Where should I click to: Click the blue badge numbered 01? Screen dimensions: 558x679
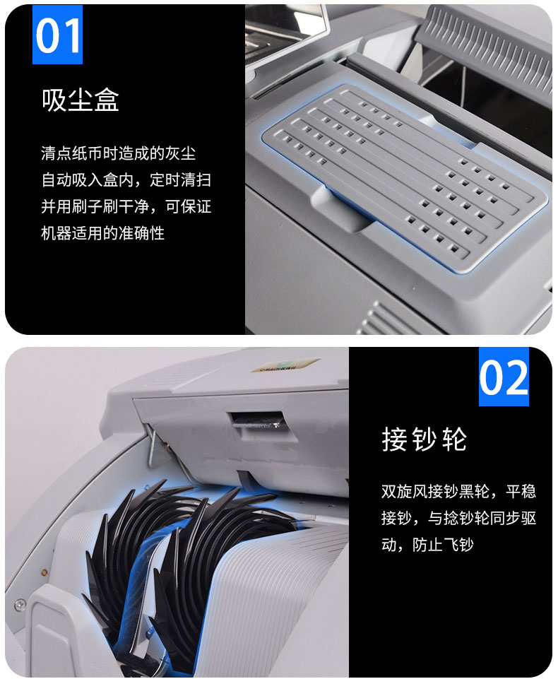pos(57,35)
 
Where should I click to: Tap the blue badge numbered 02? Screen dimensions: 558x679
pos(504,377)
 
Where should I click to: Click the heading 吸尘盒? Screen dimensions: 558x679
pos(81,100)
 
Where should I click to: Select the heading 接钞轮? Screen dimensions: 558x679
pos(425,439)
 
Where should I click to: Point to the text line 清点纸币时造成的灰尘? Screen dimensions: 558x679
pos(118,153)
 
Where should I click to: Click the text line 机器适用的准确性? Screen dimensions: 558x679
pos(102,233)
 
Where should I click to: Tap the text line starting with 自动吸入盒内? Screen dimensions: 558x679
pos(126,179)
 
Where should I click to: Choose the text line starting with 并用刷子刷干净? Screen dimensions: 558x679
pos(126,206)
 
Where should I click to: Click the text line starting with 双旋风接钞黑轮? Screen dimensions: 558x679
pos(458,491)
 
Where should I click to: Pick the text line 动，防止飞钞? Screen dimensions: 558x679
pos(427,544)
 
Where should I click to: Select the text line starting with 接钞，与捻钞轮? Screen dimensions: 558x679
pos(458,518)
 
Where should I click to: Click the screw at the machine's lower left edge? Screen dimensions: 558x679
pos(20,604)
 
